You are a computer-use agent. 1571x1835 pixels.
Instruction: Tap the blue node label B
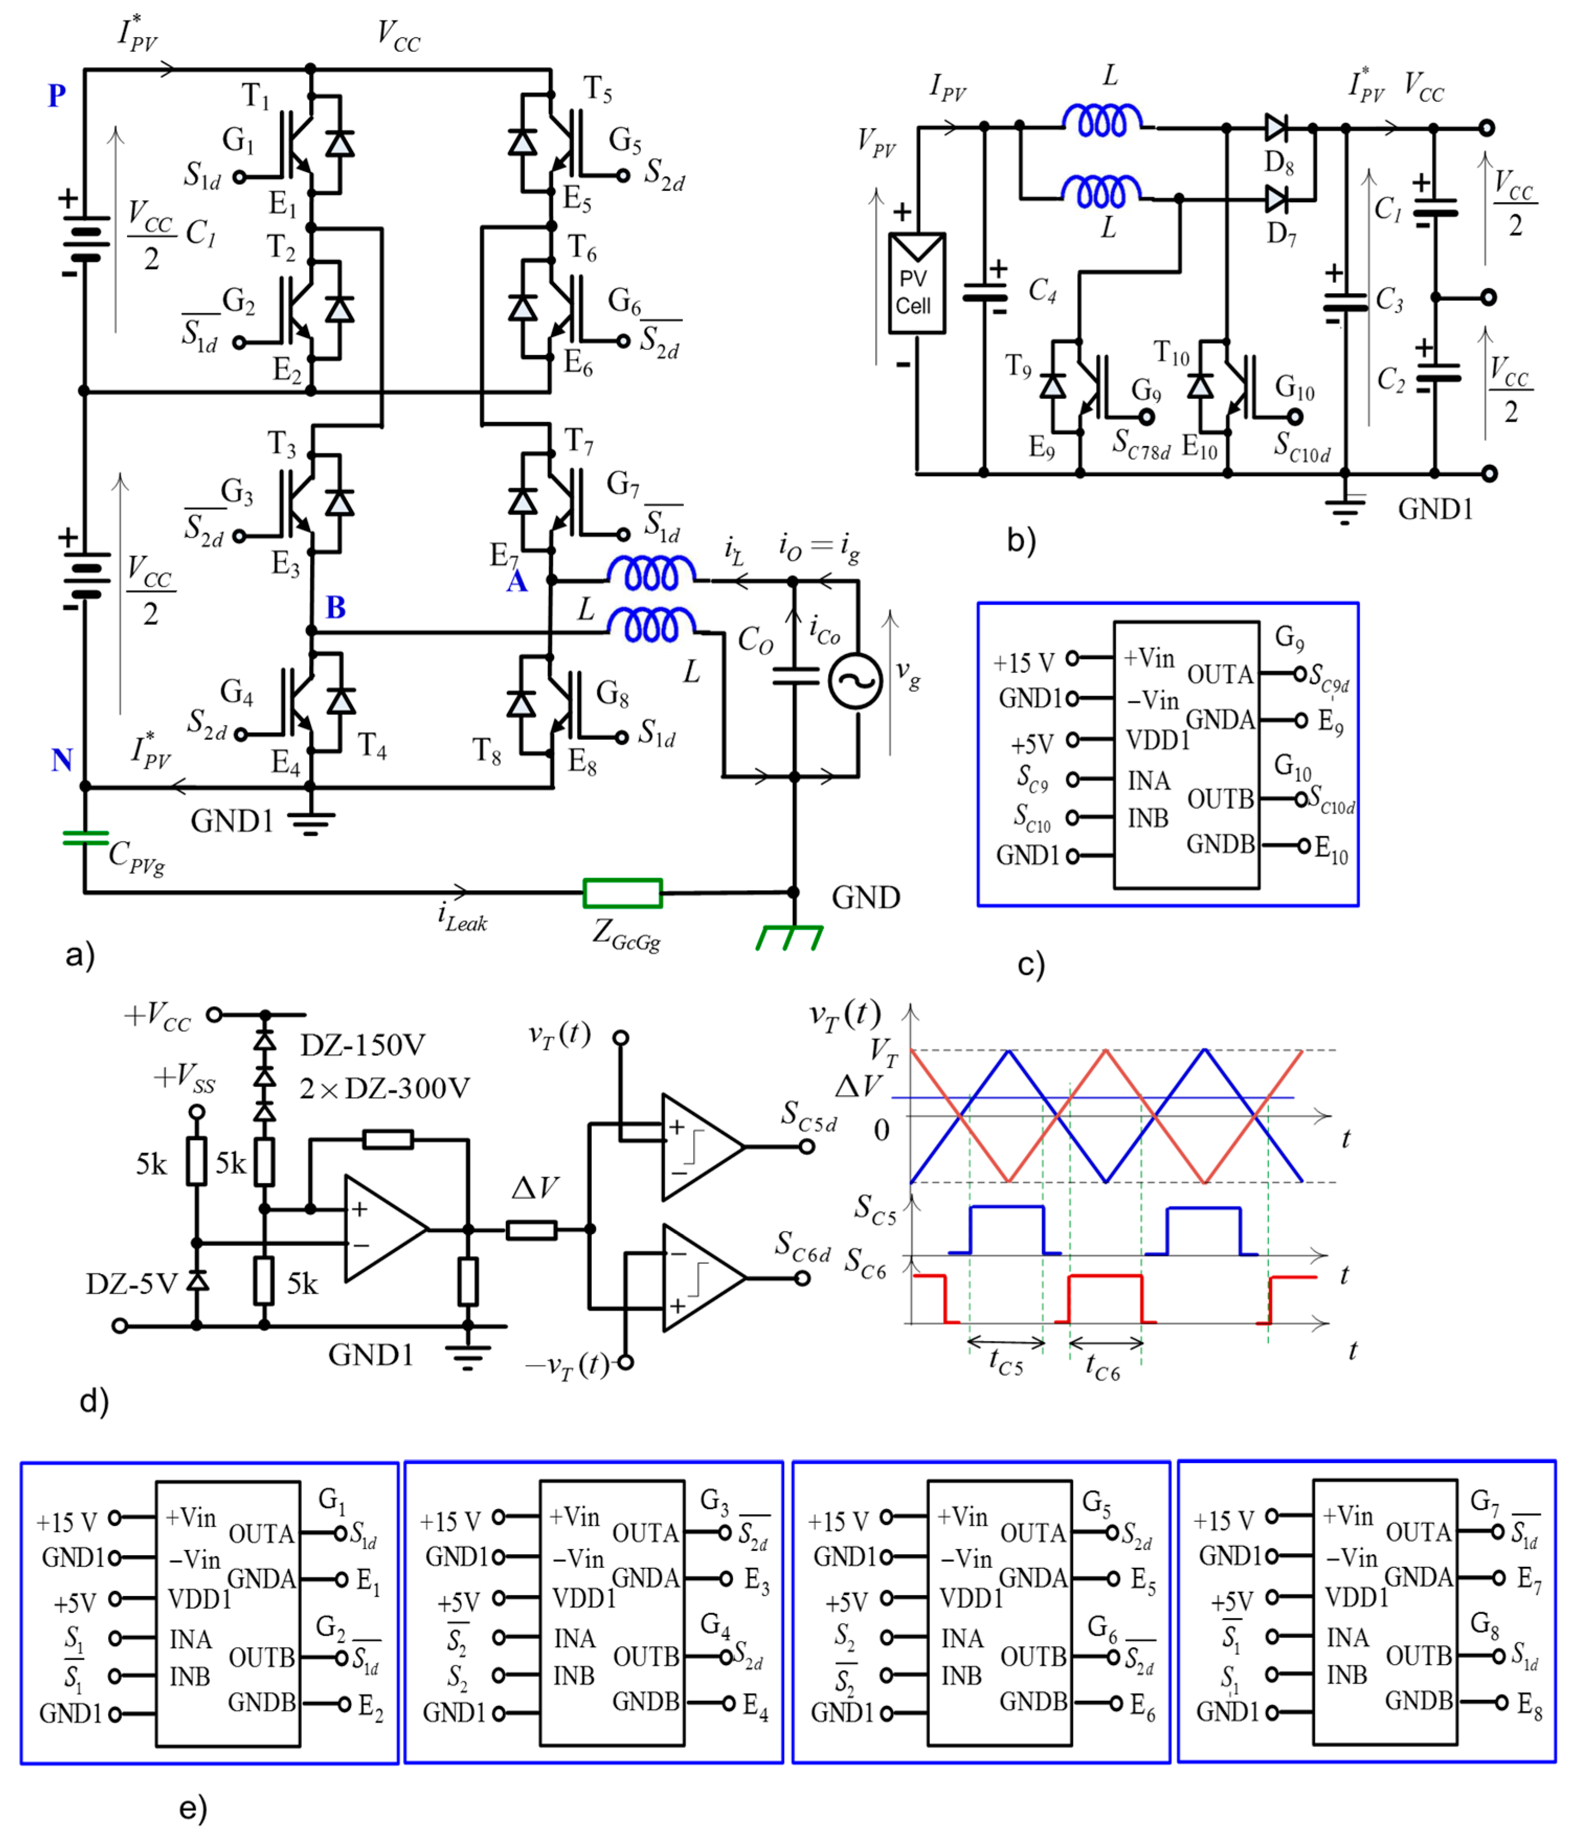click(335, 608)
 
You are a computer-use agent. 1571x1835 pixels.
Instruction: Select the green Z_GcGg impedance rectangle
click(622, 893)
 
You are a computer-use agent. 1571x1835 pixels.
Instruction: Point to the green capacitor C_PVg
click(85, 838)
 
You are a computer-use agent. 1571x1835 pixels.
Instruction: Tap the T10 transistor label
click(1171, 354)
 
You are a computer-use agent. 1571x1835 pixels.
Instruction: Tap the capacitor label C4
click(1042, 290)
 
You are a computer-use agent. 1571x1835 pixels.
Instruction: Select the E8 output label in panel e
click(1529, 1704)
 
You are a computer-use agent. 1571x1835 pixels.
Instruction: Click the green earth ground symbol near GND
click(788, 938)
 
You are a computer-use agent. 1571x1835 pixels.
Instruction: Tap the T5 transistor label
click(597, 88)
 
